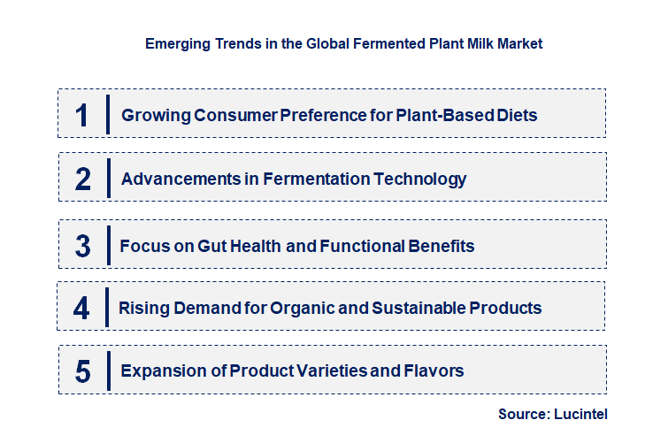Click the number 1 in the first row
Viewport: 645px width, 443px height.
82,115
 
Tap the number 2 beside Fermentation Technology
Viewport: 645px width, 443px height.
83,179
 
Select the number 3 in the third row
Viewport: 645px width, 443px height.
83,245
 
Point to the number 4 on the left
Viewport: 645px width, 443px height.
82,309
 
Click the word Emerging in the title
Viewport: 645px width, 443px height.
174,42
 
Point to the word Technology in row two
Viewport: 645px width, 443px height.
420,179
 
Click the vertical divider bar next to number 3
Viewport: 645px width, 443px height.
107,244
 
